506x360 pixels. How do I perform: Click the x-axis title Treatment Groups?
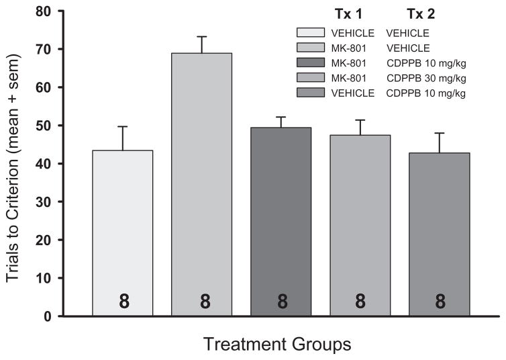pyautogui.click(x=277, y=345)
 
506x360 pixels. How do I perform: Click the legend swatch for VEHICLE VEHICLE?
pyautogui.click(x=312, y=32)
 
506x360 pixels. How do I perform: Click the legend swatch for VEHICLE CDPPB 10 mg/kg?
pyautogui.click(x=312, y=93)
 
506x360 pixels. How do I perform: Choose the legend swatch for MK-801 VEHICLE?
pyautogui.click(x=312, y=48)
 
